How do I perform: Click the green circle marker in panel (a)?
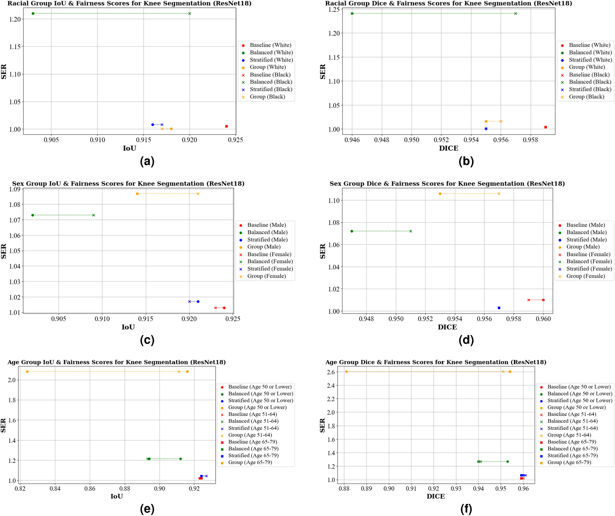pos(33,13)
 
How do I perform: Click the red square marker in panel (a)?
pos(227,126)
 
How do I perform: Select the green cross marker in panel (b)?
pos(516,13)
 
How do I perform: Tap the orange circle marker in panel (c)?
pos(137,194)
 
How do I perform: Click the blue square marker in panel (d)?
pos(499,308)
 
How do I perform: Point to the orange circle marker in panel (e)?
pos(27,371)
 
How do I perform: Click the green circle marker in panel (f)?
pos(508,461)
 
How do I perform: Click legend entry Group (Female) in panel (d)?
pos(586,276)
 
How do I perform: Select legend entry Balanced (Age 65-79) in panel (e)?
pos(253,449)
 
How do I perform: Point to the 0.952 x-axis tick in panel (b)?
pos(441,140)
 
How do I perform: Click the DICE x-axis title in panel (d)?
pos(447,327)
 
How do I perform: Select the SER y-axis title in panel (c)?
pos(4,251)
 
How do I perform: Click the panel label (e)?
pos(147,509)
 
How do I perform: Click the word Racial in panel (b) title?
pos(336,3)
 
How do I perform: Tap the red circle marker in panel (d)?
pos(543,300)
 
